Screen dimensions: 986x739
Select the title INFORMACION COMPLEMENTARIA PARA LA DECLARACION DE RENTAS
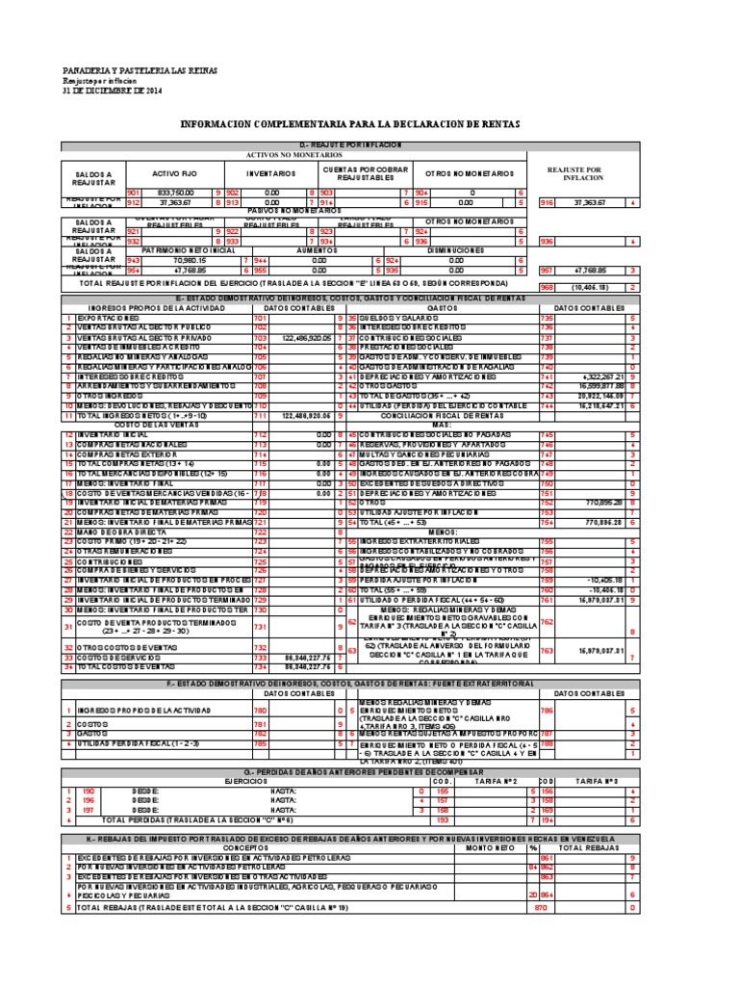pyautogui.click(x=364, y=125)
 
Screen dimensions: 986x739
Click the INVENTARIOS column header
pyautogui.click(x=271, y=173)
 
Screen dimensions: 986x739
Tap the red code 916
pyautogui.click(x=547, y=203)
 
